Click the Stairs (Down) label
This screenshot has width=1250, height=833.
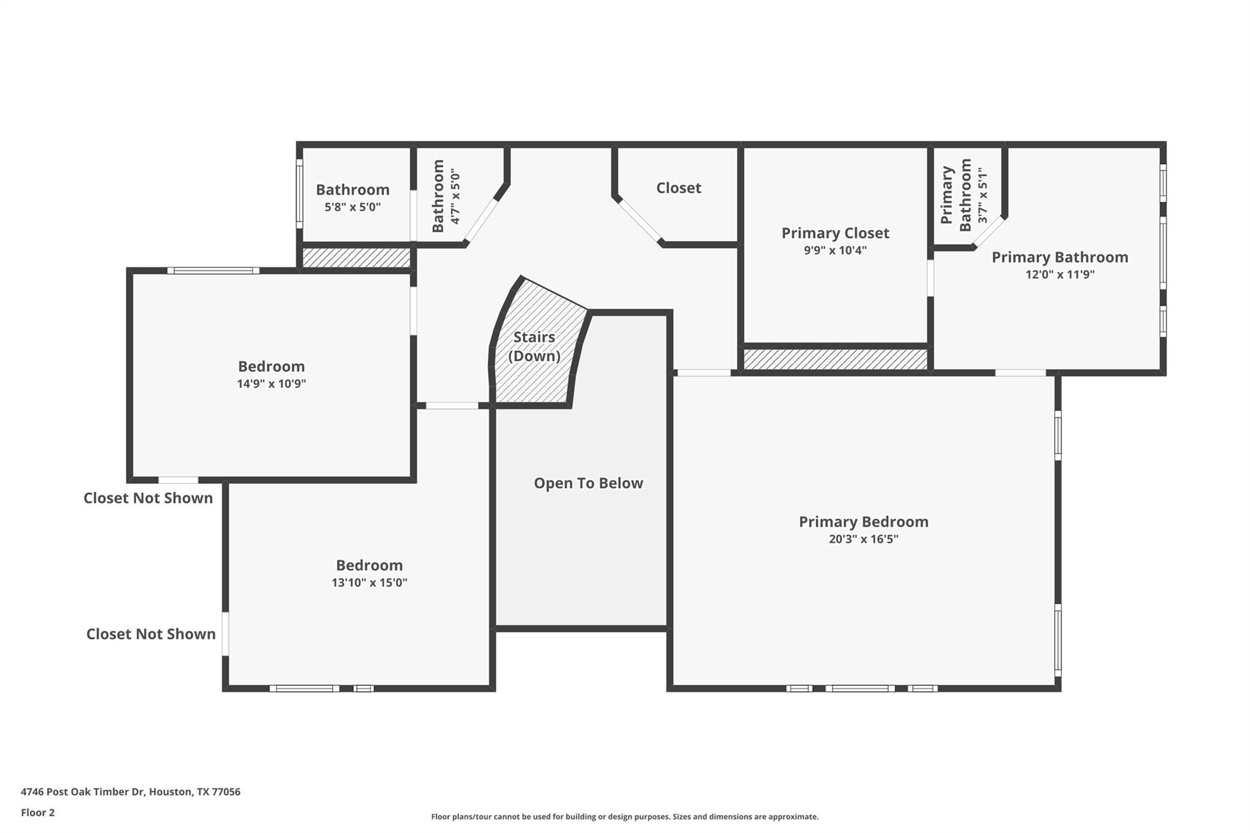pos(534,346)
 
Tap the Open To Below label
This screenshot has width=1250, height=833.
pos(588,483)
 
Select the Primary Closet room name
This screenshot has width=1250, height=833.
pos(835,233)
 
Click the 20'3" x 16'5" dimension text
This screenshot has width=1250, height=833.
pos(863,539)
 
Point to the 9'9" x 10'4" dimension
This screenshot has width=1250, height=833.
pos(835,250)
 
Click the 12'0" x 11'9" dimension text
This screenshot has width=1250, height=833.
pos(1060,275)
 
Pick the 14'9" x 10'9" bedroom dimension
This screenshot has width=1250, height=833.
pos(271,384)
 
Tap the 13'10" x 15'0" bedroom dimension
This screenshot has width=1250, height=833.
pos(369,583)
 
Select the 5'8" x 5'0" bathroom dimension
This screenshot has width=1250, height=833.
pos(352,207)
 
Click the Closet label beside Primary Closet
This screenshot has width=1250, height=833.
pos(678,188)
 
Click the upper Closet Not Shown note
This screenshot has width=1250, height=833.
pos(148,498)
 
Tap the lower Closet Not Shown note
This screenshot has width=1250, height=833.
pos(151,634)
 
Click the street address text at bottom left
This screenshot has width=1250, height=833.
pos(131,792)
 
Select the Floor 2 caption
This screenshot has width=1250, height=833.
pos(38,813)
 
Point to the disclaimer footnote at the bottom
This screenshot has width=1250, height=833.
pos(624,817)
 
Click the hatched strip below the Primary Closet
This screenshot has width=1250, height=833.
pos(835,359)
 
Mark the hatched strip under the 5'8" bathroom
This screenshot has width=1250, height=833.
pos(356,258)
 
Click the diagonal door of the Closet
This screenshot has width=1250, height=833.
pos(640,220)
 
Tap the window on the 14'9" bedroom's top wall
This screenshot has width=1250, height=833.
pos(214,270)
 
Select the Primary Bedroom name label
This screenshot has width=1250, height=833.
pos(864,522)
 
